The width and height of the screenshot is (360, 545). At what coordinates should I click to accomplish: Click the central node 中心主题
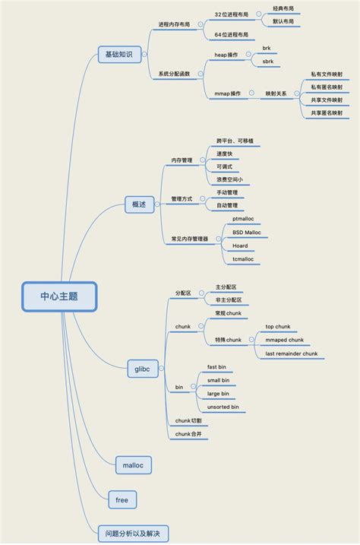(x=60, y=296)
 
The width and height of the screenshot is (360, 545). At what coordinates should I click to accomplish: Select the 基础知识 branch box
(x=119, y=55)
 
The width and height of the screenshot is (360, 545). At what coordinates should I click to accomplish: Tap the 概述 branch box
(x=139, y=204)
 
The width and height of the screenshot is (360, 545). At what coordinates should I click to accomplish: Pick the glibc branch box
(x=142, y=370)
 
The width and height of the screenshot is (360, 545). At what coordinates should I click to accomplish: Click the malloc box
(x=132, y=464)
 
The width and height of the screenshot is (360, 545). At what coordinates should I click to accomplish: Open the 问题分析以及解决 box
(x=133, y=532)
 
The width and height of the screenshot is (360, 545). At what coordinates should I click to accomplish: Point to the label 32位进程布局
(x=231, y=14)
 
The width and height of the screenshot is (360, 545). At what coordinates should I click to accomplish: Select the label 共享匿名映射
(x=326, y=112)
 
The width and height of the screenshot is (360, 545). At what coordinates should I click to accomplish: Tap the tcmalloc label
(x=243, y=259)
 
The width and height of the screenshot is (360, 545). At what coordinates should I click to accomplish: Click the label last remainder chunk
(x=291, y=353)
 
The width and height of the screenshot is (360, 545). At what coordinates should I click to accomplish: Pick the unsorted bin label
(x=223, y=407)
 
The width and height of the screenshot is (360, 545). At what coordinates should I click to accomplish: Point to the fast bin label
(x=219, y=366)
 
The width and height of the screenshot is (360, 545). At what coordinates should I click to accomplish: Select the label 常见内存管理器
(x=189, y=239)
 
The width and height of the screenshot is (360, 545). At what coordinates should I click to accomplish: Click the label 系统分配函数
(x=174, y=74)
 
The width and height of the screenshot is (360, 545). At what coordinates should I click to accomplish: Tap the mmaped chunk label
(x=284, y=340)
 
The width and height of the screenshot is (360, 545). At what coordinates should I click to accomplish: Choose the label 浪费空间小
(x=229, y=179)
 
